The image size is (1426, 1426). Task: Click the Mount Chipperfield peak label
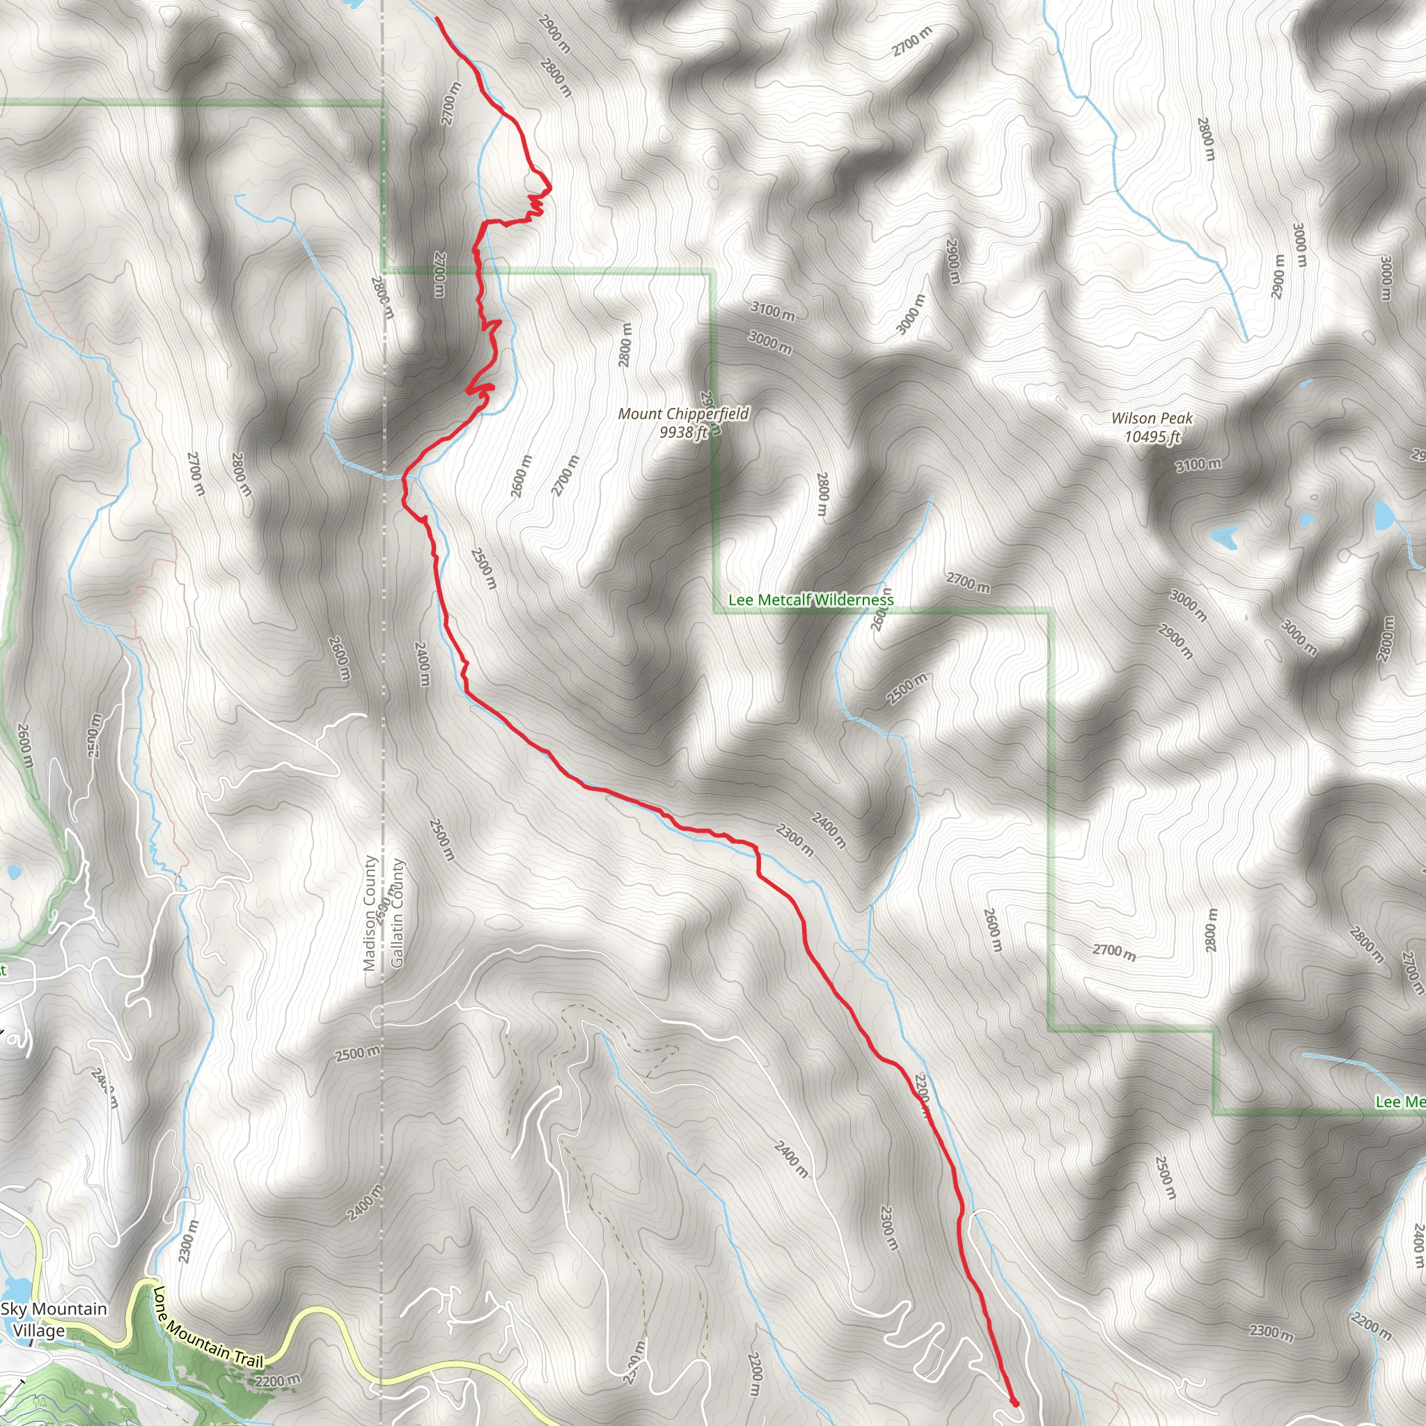684,414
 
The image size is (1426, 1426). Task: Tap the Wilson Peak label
1152,418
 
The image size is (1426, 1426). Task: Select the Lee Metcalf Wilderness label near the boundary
810,600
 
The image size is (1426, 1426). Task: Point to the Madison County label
370,914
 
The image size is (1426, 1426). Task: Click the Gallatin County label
397,913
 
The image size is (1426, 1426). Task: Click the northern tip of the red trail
438,19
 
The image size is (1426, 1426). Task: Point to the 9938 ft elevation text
684,432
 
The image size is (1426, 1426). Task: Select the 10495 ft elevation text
1152,437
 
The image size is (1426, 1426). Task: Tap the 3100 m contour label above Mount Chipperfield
773,311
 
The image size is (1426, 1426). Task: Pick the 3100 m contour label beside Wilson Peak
1199,465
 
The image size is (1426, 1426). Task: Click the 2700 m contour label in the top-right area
912,41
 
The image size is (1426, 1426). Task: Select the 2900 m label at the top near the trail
554,33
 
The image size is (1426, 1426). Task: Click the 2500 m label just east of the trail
484,568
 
